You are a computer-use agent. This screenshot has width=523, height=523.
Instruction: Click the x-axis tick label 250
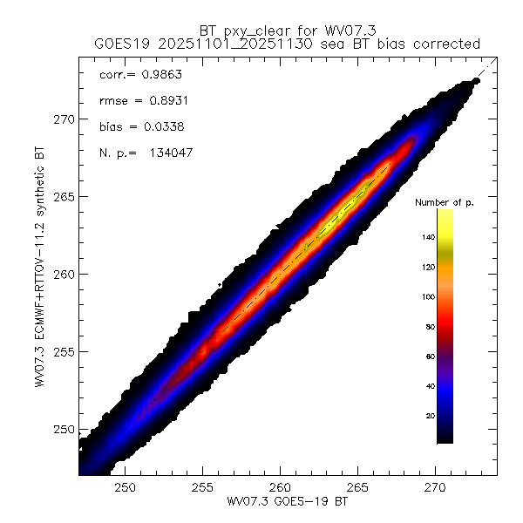click(x=126, y=486)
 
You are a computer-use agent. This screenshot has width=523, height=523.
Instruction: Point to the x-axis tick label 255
click(x=203, y=486)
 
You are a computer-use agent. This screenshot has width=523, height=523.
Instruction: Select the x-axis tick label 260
click(x=281, y=486)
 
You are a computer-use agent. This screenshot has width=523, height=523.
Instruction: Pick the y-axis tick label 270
click(x=64, y=119)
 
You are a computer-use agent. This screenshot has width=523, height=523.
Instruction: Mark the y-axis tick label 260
click(x=64, y=275)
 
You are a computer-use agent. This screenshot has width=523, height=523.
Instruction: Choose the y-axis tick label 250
click(x=64, y=430)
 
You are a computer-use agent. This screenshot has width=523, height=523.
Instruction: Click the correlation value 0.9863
click(x=160, y=76)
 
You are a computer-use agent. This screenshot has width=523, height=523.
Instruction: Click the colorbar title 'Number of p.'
click(x=444, y=202)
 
